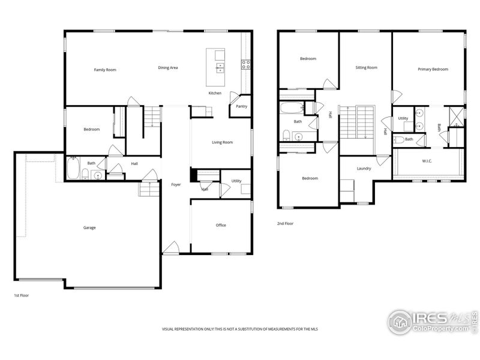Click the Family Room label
point(105,70)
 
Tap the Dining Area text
point(168,68)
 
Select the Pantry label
point(241,106)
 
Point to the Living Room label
point(222,142)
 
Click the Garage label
point(89,227)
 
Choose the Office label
point(221,225)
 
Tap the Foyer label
point(176,184)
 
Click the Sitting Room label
point(366,68)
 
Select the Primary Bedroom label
point(433,70)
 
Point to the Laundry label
point(364,169)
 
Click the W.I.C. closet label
point(428,160)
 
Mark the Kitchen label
point(215,93)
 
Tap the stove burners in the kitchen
point(245,64)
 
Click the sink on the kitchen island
point(220,67)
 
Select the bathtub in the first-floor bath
point(72,167)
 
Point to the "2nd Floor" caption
point(285,223)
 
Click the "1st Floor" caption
point(21,296)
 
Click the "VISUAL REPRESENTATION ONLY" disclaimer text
point(240,329)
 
